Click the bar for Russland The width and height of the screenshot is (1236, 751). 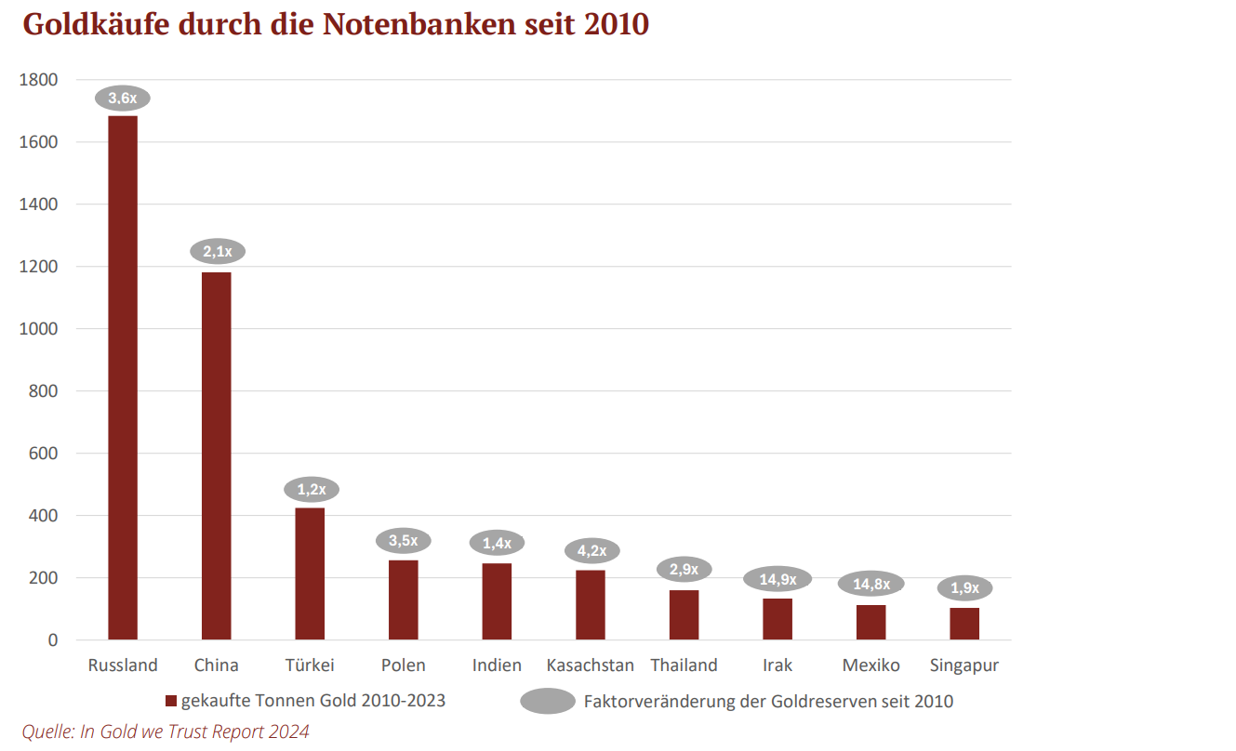123,377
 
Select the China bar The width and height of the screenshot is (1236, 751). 216,455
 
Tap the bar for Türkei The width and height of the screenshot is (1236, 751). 310,573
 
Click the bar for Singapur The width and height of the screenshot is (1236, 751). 964,624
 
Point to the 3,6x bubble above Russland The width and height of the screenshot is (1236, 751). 123,98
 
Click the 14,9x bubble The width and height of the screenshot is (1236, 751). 777,579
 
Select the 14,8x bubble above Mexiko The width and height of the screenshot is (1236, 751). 871,584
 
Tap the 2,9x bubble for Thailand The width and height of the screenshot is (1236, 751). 684,569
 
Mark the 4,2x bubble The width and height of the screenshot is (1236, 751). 591,550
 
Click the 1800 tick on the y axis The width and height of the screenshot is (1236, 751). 38,80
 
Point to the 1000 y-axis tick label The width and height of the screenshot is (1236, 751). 38,329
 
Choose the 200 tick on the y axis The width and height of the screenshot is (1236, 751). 44,578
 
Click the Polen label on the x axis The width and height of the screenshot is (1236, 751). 403,665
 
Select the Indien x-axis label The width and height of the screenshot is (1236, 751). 497,665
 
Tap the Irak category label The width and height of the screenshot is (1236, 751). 777,665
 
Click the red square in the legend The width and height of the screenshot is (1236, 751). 170,701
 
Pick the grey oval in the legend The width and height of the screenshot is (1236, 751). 548,701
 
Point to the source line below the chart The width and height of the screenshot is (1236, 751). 166,731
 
